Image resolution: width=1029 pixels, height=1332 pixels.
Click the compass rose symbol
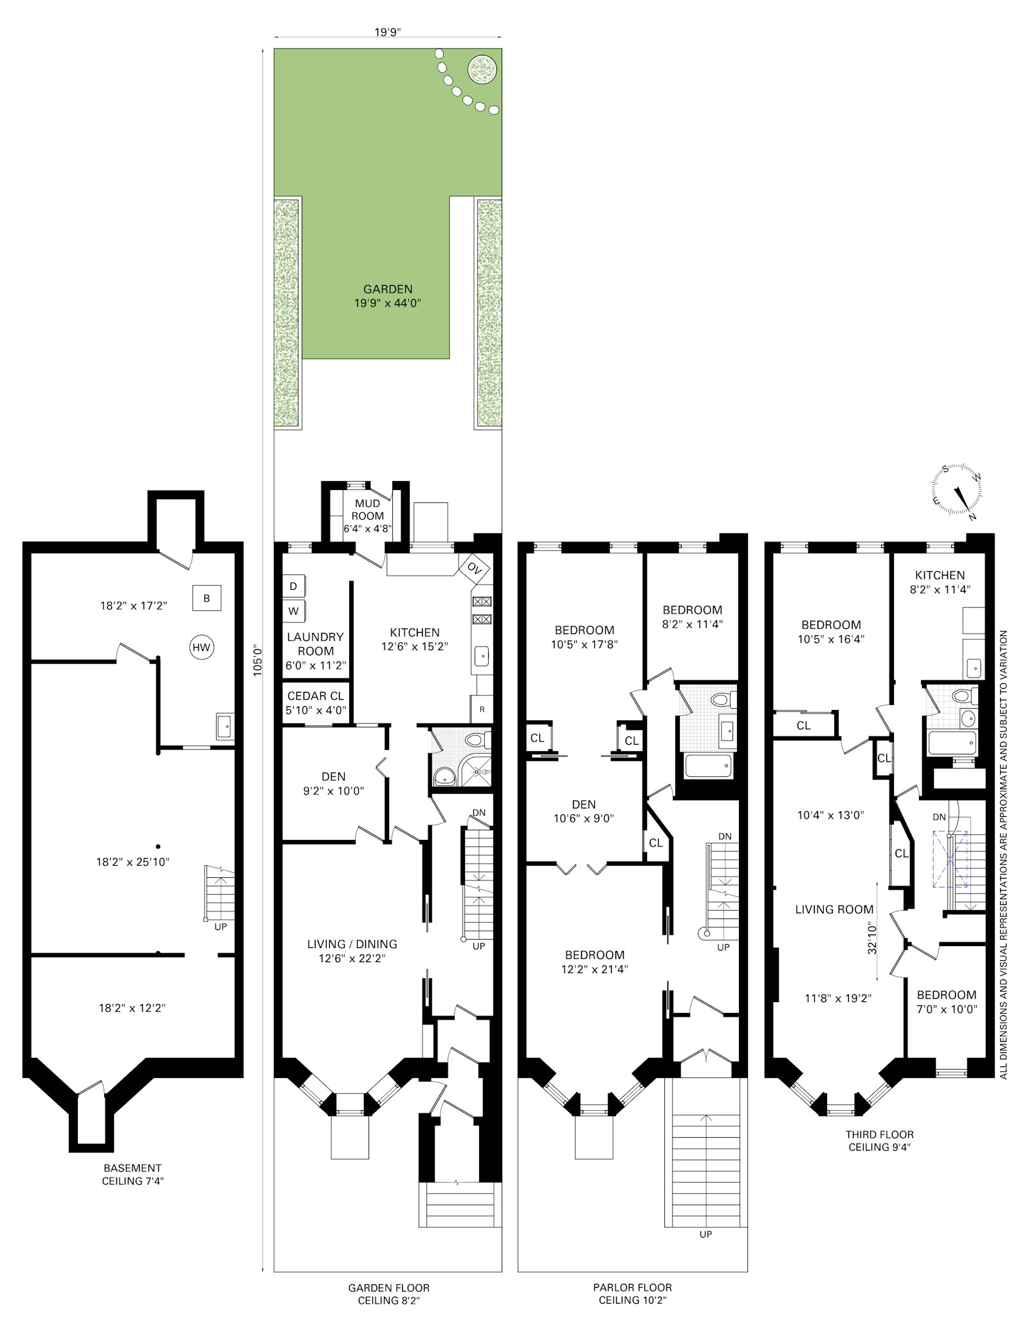pyautogui.click(x=956, y=490)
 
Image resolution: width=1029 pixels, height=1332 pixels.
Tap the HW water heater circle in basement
pyautogui.click(x=201, y=647)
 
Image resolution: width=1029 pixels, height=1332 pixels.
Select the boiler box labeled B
pyautogui.click(x=206, y=598)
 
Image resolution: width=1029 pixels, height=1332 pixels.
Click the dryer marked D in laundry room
pyautogui.click(x=293, y=586)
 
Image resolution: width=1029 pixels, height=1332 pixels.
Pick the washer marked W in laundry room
pyautogui.click(x=293, y=611)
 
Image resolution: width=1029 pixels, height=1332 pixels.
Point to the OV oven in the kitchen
pyautogui.click(x=474, y=568)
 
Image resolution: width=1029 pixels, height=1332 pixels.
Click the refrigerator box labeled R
pyautogui.click(x=482, y=709)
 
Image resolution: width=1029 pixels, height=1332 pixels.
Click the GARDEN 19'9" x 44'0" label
pyautogui.click(x=387, y=296)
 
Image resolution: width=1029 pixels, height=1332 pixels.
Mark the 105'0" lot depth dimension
pyautogui.click(x=257, y=659)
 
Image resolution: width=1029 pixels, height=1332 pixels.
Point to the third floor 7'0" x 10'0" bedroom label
pyautogui.click(x=946, y=1001)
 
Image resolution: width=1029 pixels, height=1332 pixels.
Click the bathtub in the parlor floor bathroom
pyautogui.click(x=708, y=765)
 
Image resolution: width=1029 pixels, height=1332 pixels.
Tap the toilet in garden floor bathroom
pyautogui.click(x=477, y=739)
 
